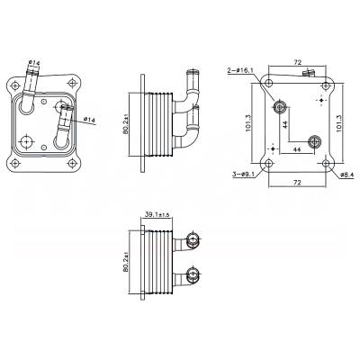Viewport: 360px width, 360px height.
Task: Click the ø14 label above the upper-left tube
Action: click(x=34, y=61)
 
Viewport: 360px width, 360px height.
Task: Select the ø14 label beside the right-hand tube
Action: click(x=90, y=118)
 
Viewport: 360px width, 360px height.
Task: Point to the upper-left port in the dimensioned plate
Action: click(x=281, y=108)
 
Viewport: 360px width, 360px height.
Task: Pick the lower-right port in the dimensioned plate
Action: click(x=313, y=140)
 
